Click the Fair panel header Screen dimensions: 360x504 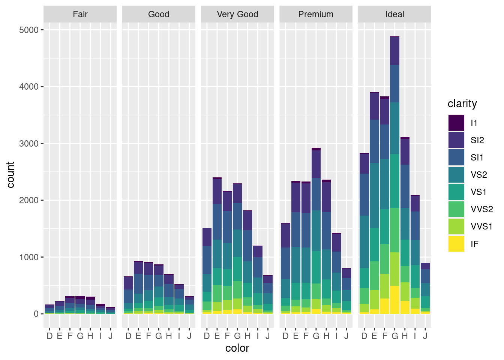coord(80,14)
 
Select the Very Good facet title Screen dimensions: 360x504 coord(237,14)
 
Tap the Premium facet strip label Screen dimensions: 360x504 coord(316,14)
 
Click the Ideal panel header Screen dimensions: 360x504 coord(394,14)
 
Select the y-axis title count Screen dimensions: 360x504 coord(10,175)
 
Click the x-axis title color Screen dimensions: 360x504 coord(237,348)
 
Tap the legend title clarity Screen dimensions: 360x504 coord(462,104)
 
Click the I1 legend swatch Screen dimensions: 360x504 coord(456,123)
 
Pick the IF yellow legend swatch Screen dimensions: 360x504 coord(456,244)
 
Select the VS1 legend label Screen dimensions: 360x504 coord(478,192)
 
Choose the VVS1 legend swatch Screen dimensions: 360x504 coord(456,226)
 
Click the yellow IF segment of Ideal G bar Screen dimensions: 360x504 coord(394,300)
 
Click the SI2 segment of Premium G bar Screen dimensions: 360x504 coord(316,164)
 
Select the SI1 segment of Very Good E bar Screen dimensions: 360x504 coord(217,222)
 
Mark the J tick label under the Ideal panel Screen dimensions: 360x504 coord(425,336)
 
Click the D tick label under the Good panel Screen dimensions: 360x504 coord(128,336)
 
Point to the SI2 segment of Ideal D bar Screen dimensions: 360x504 coord(364,163)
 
